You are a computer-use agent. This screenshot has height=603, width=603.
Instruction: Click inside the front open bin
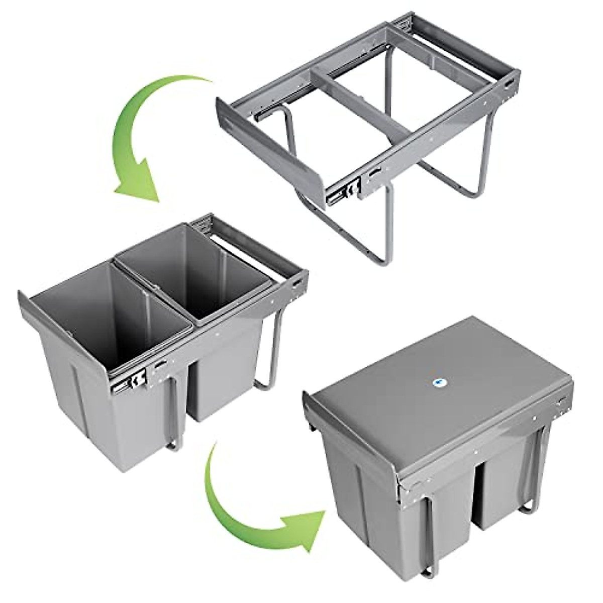[111, 312]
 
